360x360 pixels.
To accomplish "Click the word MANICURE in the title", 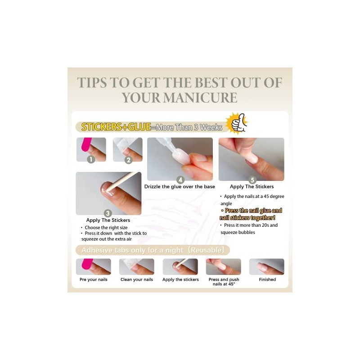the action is pyautogui.click(x=200, y=98).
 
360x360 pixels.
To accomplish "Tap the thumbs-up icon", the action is pyautogui.click(x=237, y=123).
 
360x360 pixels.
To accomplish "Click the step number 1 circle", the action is pyautogui.click(x=91, y=159).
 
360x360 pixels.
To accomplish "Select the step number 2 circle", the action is pyautogui.click(x=129, y=160).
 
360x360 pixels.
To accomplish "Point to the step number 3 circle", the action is pyautogui.click(x=108, y=213).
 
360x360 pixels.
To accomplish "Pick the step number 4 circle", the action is pyautogui.click(x=180, y=180).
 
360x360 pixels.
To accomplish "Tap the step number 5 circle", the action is pyautogui.click(x=252, y=180).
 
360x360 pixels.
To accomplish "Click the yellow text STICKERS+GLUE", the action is pyautogui.click(x=116, y=127).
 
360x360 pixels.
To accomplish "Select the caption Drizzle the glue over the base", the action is pyautogui.click(x=180, y=187).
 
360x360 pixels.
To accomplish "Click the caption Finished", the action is pyautogui.click(x=267, y=279).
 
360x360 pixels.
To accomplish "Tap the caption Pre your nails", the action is pyautogui.click(x=94, y=279).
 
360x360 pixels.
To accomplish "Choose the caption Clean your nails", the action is pyautogui.click(x=137, y=279).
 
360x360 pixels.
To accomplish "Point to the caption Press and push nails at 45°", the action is pyautogui.click(x=224, y=282).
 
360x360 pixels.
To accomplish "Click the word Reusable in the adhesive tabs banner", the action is pyautogui.click(x=207, y=250).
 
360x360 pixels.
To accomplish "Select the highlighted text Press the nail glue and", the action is pyautogui.click(x=252, y=211).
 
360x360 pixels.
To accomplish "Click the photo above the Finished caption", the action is pyautogui.click(x=267, y=267).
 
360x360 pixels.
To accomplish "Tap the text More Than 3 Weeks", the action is pyautogui.click(x=189, y=127).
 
